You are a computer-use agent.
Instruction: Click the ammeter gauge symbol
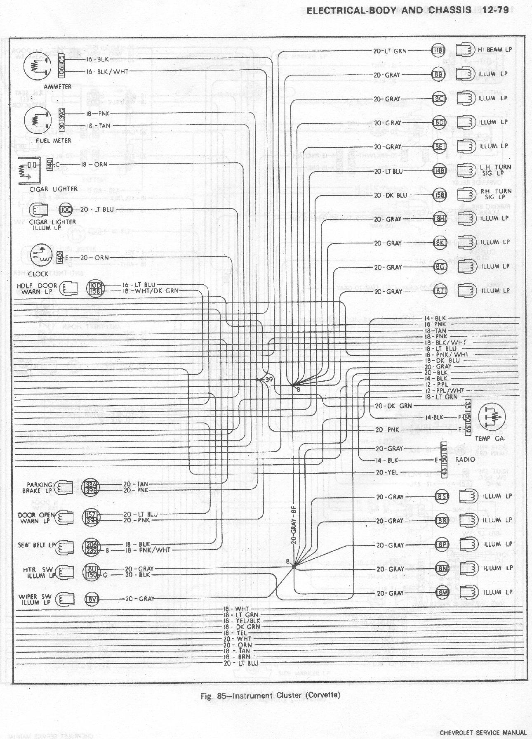(38, 66)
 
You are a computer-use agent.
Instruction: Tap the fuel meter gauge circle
(38, 120)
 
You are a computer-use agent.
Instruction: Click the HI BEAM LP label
(495, 50)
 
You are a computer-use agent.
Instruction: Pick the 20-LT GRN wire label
(390, 51)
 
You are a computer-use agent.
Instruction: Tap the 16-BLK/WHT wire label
(107, 71)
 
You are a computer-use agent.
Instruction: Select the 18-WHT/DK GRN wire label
(151, 290)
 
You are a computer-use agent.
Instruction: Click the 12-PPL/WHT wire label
(445, 390)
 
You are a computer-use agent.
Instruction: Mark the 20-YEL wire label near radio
(387, 472)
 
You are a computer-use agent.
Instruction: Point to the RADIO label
(465, 459)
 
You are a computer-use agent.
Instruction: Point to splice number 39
(269, 380)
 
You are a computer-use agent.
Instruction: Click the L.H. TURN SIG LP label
(495, 170)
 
